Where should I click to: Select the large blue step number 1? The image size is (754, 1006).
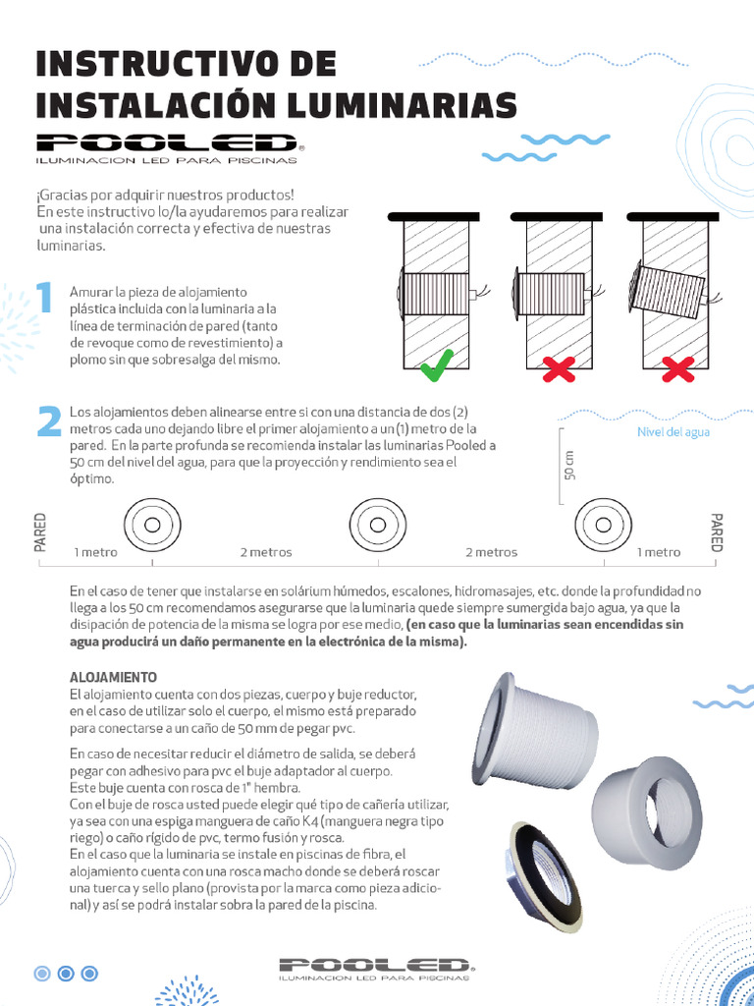click(43, 299)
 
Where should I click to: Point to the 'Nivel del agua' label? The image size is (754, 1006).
click(673, 431)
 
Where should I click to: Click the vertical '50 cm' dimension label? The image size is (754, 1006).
click(570, 464)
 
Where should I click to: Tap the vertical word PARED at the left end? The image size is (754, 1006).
click(41, 531)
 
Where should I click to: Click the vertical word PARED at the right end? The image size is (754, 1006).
click(716, 531)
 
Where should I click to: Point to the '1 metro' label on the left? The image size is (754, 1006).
click(95, 552)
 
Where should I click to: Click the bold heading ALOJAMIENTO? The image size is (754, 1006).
click(114, 678)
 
